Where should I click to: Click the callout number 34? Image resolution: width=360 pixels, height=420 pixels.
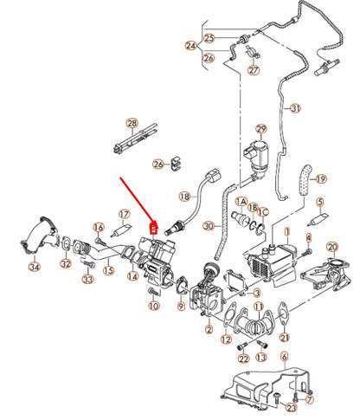click(x=34, y=267)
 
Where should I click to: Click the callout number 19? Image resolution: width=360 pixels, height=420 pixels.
click(x=321, y=179)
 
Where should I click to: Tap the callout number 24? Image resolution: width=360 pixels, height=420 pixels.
click(x=190, y=44)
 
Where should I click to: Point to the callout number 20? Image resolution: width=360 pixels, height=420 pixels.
click(x=331, y=248)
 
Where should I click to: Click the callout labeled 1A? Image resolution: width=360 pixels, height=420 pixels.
click(x=241, y=200)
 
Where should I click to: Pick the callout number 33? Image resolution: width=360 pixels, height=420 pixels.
click(x=87, y=279)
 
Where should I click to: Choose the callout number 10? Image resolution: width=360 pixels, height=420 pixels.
click(x=153, y=307)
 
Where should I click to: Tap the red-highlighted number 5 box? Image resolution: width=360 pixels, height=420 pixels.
click(x=154, y=229)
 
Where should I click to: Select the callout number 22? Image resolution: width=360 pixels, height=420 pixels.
click(x=243, y=358)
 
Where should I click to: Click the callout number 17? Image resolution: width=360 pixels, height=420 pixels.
click(x=124, y=214)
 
